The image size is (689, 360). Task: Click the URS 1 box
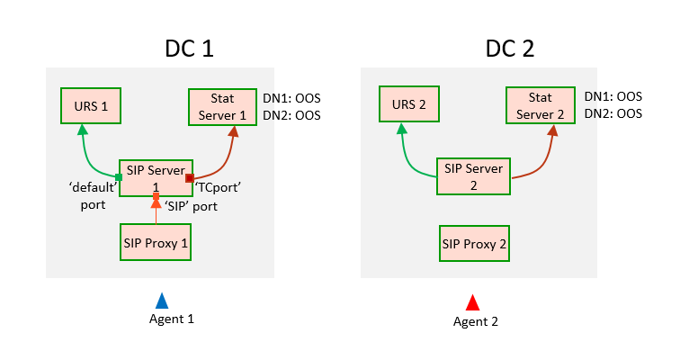coord(91,106)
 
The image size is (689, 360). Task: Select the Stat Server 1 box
coord(228,106)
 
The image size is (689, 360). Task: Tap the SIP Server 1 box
coord(156,178)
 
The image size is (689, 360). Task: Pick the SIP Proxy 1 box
coord(156,242)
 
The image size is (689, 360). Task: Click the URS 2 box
coord(408,106)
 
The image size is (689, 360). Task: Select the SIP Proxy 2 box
coord(474,242)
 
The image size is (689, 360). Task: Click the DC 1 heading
coord(189,49)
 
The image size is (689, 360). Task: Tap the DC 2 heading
coord(510,49)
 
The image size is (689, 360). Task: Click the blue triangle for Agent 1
coord(162,301)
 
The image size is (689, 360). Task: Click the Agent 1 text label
coord(171,319)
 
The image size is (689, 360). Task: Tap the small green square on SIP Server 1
coord(119,177)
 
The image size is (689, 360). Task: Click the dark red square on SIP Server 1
coord(190,179)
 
